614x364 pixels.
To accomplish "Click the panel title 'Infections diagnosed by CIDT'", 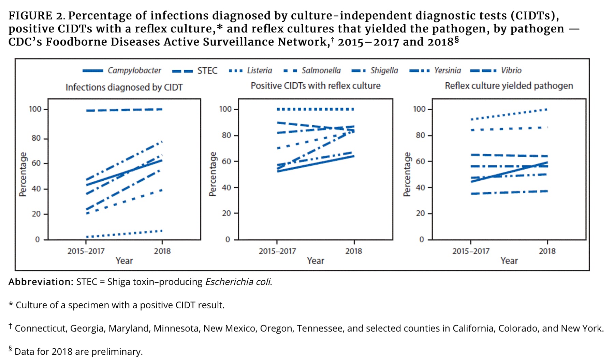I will point(124,87).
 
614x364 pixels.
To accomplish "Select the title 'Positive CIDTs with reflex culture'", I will point(316,86).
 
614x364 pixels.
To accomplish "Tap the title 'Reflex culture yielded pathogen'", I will point(509,86).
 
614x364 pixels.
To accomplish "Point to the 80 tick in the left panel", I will point(36,138).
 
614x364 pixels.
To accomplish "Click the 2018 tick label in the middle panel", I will point(353,251).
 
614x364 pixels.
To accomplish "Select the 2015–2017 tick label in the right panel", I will point(471,251).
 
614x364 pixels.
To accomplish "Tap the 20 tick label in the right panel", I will point(420,213).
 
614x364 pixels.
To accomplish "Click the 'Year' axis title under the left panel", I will point(124,261).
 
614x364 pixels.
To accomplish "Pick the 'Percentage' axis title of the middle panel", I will point(213,174).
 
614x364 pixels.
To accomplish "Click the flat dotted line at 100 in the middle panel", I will point(316,109).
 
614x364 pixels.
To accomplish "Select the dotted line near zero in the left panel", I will point(124,234).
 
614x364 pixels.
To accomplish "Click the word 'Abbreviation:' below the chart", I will point(41,282).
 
